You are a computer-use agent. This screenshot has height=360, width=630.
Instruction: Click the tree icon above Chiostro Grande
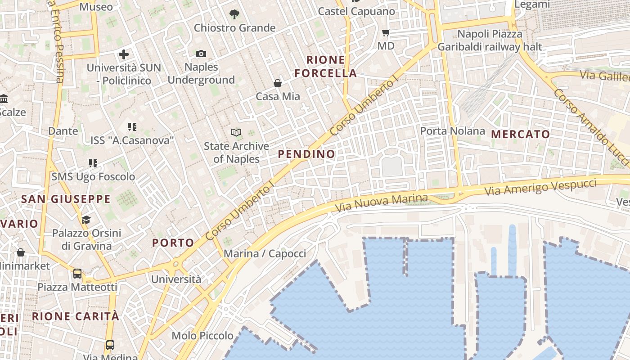[234, 14]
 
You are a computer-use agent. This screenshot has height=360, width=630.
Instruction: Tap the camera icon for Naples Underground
[201, 54]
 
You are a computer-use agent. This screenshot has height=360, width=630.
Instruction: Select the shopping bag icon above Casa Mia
[278, 83]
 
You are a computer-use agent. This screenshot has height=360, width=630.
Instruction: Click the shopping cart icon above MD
[386, 32]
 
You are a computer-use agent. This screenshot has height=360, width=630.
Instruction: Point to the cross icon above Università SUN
[124, 55]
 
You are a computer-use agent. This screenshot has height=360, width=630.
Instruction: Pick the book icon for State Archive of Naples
[236, 132]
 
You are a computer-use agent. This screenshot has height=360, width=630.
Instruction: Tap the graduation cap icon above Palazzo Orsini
[86, 220]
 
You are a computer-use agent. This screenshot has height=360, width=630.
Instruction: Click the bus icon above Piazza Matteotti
[77, 274]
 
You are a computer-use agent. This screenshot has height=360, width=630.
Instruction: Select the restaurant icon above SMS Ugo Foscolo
[93, 163]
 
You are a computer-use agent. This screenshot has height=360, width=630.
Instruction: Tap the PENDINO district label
[306, 154]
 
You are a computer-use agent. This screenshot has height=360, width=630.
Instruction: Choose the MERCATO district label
[521, 134]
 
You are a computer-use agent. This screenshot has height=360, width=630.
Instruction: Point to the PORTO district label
[173, 243]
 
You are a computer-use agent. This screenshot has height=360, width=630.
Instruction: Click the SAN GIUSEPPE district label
[66, 199]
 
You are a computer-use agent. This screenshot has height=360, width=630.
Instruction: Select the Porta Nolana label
[453, 131]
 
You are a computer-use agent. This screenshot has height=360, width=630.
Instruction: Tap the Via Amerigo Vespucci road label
[540, 187]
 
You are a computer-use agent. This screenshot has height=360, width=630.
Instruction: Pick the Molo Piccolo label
[202, 336]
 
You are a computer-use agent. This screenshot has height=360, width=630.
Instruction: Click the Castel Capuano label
[356, 11]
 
